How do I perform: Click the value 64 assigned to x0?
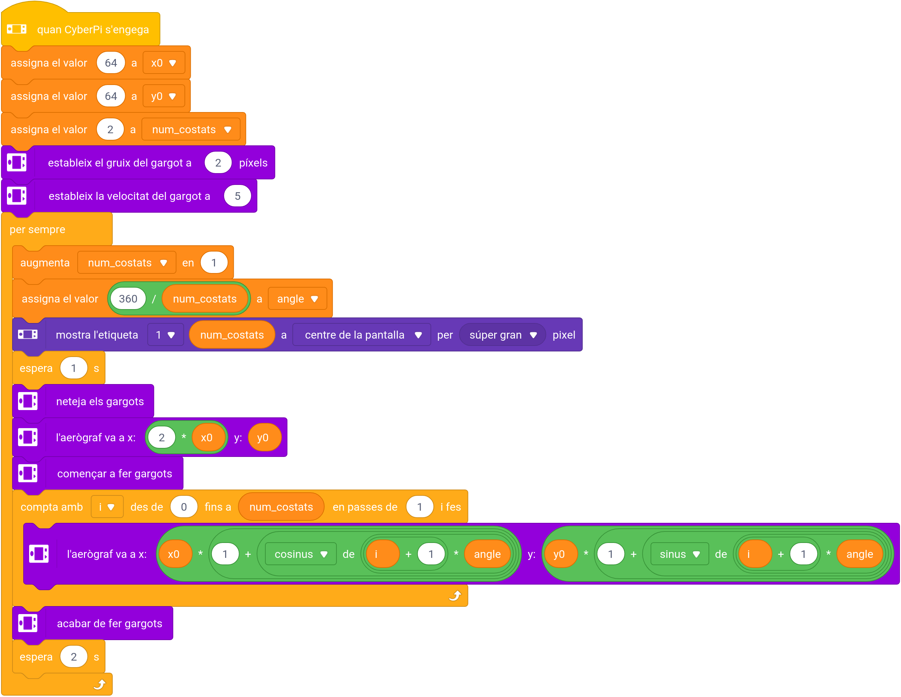[111, 63]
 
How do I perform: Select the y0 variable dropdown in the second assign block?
[163, 96]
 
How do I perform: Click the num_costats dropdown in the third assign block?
[191, 129]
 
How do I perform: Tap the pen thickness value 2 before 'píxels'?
[218, 163]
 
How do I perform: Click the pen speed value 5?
[237, 196]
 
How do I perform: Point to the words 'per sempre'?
[37, 229]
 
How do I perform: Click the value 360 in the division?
[128, 299]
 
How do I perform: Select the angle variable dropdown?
[297, 299]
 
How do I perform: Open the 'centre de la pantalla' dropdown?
[362, 335]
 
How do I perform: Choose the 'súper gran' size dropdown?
[502, 335]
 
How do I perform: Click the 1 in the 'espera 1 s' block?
[74, 368]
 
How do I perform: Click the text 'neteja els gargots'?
[100, 401]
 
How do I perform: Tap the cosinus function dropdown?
[300, 554]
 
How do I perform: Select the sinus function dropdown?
[679, 554]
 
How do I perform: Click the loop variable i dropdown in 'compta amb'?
[107, 507]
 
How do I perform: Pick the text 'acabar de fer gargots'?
[109, 623]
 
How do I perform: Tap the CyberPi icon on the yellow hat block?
[17, 29]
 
